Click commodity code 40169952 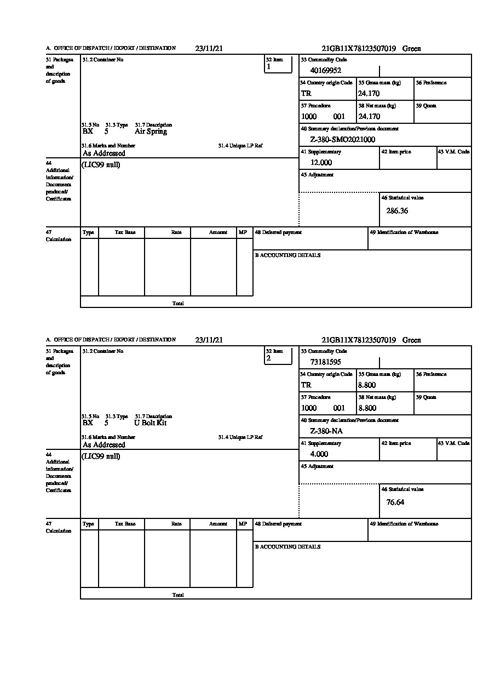click(x=325, y=70)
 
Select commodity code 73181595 click(x=325, y=362)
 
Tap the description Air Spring click(x=151, y=132)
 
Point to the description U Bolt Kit click(x=150, y=423)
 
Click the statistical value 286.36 click(x=397, y=210)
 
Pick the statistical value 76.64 click(x=395, y=502)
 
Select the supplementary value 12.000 click(x=321, y=163)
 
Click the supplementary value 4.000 click(x=319, y=454)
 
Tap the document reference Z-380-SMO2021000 click(x=342, y=140)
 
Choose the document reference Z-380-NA click(x=326, y=431)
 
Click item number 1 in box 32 click(x=268, y=67)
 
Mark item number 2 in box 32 click(x=268, y=358)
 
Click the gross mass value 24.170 click(x=369, y=93)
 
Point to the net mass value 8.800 click(x=367, y=408)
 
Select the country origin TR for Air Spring click(x=306, y=93)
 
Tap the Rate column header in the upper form click(x=176, y=232)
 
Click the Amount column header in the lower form click(x=218, y=524)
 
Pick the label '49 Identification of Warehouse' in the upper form click(x=404, y=232)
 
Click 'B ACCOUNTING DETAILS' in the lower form click(x=287, y=547)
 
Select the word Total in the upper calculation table click(x=178, y=303)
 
